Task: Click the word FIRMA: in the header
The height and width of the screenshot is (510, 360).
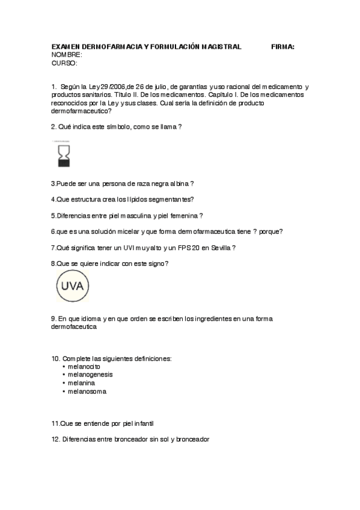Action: (x=282, y=46)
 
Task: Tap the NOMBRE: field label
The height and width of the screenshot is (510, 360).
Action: (x=67, y=55)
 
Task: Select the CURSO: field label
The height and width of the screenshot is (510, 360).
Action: (x=64, y=63)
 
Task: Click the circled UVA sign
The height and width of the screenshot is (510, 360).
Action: (x=73, y=286)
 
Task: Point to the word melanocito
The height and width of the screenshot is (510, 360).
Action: (x=84, y=366)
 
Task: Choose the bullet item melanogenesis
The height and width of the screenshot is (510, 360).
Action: (x=90, y=374)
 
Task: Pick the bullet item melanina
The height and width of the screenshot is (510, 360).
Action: (x=82, y=382)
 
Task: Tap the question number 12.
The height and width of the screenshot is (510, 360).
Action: (x=55, y=440)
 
